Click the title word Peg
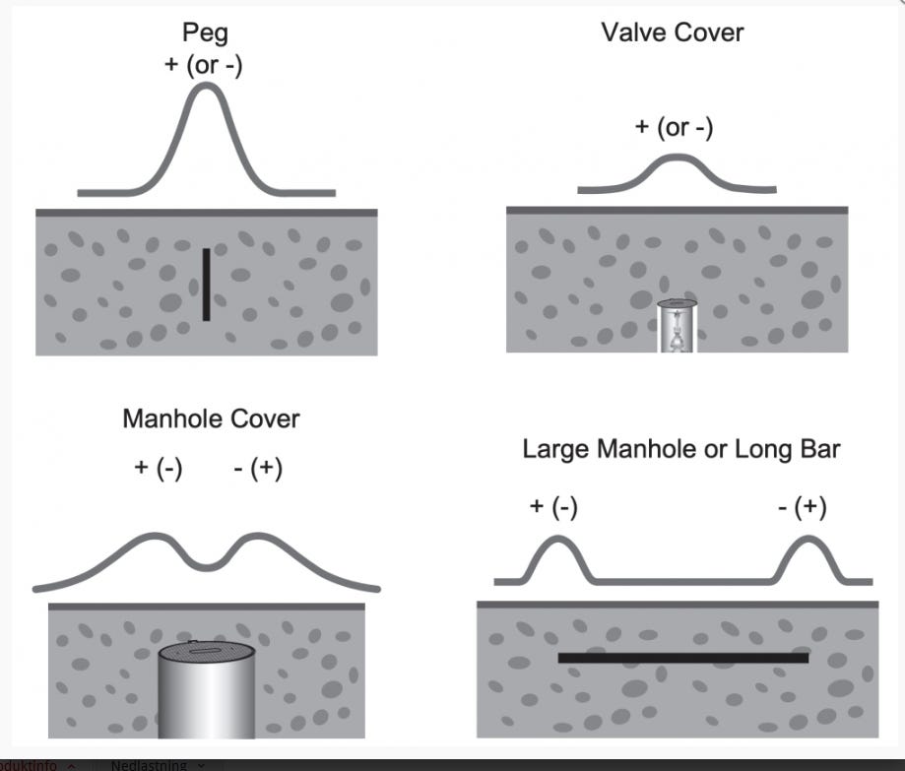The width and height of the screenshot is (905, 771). [x=206, y=32]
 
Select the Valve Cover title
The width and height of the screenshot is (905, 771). [x=673, y=32]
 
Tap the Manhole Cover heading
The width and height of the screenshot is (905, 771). [x=211, y=418]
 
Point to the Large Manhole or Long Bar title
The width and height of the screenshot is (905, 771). [x=680, y=450]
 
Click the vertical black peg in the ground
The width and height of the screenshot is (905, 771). [x=206, y=285]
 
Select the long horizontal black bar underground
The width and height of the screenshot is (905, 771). [x=682, y=658]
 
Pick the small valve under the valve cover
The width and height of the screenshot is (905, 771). [x=677, y=330]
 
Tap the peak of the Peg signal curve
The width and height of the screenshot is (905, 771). [x=207, y=86]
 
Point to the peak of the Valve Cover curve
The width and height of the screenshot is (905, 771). [x=677, y=157]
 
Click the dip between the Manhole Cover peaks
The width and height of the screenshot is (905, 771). [x=207, y=564]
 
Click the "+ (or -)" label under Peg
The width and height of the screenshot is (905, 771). [x=204, y=65]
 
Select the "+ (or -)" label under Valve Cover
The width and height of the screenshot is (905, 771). [x=674, y=127]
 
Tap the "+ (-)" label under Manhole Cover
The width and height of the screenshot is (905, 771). [x=159, y=468]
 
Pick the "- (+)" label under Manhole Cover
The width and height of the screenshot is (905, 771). [x=258, y=468]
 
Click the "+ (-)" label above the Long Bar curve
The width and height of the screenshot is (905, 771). [x=553, y=506]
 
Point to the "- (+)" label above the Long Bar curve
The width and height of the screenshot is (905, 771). [x=802, y=506]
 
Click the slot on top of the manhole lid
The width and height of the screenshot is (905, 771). [x=207, y=649]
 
